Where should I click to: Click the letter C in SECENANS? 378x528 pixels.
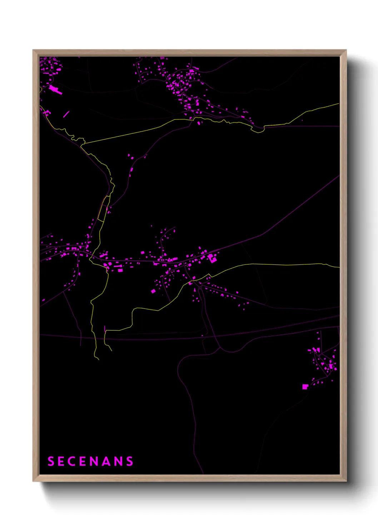72,461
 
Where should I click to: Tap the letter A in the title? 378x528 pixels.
106,461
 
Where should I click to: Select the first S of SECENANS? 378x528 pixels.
51,461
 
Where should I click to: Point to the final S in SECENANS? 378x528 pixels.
130,461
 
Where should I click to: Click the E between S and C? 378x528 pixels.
61,461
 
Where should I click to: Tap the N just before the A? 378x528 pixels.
95,461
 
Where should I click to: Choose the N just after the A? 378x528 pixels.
119,461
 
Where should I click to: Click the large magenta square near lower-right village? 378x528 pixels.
305,387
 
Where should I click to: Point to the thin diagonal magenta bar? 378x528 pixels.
66,114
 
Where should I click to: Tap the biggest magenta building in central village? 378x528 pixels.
213,258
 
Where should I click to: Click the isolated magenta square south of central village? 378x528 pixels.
153,291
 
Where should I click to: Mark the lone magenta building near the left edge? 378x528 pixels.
43,300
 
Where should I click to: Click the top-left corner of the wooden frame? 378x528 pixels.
33,50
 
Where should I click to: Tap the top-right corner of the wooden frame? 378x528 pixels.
346,50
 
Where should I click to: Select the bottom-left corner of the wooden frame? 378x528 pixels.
33,481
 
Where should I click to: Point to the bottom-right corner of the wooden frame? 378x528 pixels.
346,481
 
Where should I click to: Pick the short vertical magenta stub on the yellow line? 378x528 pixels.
105,329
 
